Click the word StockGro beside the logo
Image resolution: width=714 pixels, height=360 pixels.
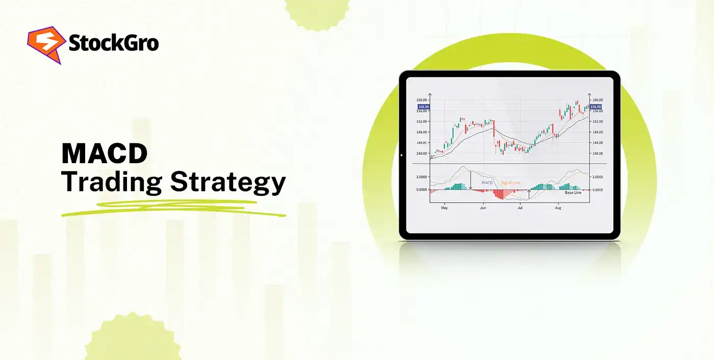point(113,44)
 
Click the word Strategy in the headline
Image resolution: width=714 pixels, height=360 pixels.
point(228,183)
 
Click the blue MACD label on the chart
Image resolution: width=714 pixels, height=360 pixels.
point(488,182)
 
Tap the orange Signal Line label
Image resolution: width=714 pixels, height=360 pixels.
point(510,182)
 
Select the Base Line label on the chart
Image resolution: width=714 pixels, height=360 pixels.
point(573,193)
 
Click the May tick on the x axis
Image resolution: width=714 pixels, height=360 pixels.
point(444,208)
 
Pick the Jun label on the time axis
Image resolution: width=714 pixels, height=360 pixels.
point(483,208)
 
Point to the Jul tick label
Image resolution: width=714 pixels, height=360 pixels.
point(520,208)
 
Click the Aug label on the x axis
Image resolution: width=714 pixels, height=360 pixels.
point(558,208)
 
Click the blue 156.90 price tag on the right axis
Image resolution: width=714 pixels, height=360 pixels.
point(596,107)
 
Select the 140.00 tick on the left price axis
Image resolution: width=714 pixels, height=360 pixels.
point(422,153)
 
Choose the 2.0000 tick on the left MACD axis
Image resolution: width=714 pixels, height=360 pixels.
point(421,177)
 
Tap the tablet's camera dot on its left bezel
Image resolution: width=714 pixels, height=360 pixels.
point(402,155)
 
